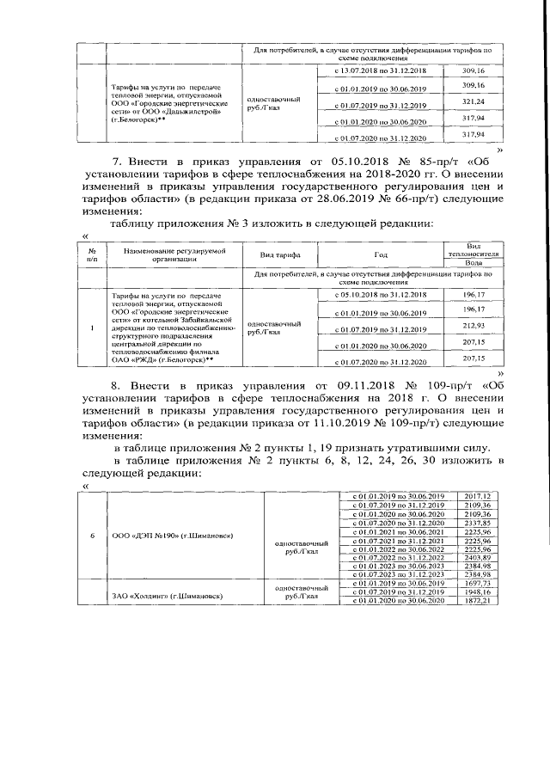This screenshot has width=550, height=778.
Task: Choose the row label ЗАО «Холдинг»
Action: [161, 595]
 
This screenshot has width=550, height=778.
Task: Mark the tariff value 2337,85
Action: [476, 523]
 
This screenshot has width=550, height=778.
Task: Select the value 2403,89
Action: [476, 556]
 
